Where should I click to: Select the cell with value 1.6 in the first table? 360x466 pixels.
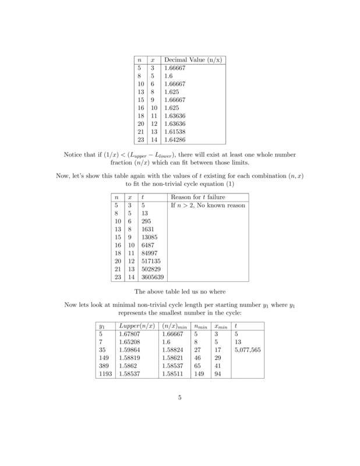point(168,75)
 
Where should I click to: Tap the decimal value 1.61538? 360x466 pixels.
point(174,132)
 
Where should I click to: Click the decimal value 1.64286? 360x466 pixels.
point(174,140)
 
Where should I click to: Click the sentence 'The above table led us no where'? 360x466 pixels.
point(180,292)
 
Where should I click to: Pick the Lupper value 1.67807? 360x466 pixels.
point(129,336)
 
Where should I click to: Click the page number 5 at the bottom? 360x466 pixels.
point(180,398)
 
